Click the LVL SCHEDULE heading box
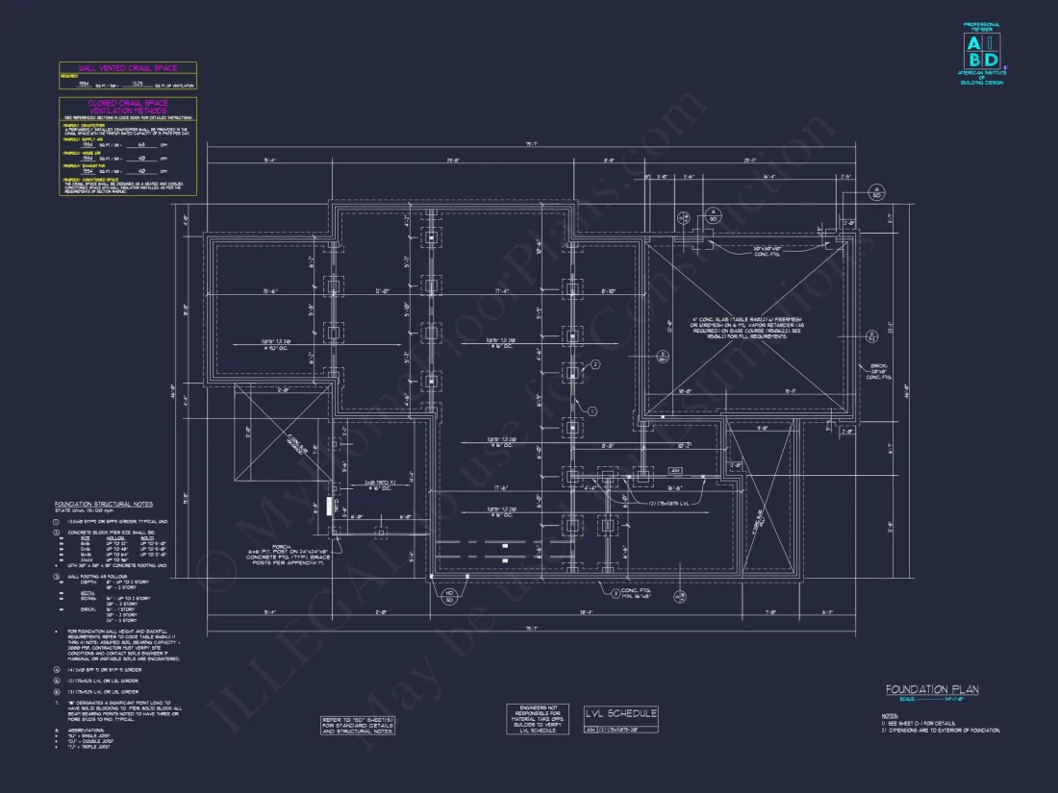[621, 713]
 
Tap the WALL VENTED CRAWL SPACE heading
[127, 68]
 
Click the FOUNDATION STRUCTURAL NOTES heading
[103, 504]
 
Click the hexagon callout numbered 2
[595, 365]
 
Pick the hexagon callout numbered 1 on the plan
[593, 410]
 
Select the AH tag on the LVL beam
[674, 471]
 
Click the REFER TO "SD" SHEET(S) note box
[358, 724]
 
